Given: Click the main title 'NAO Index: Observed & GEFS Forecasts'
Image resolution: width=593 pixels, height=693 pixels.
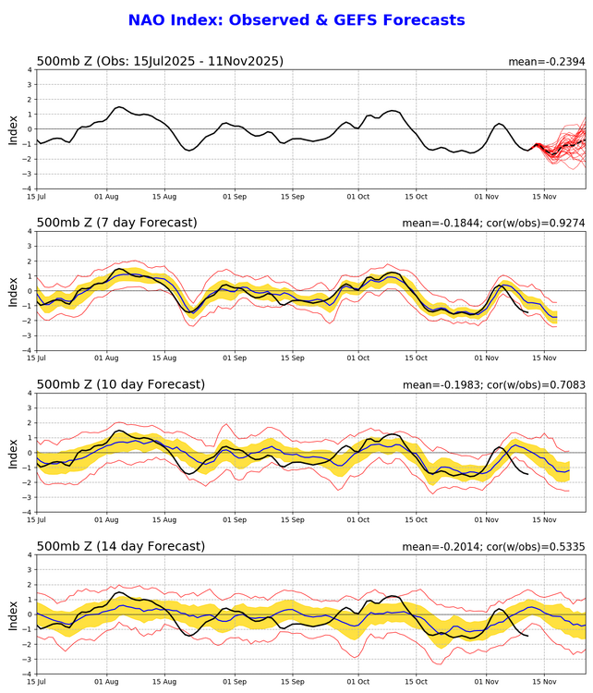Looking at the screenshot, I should point(296,19).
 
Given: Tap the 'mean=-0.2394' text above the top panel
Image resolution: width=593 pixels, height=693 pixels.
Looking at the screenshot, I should point(547,62).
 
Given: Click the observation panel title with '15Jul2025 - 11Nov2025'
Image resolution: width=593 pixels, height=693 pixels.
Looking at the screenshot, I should point(160,61).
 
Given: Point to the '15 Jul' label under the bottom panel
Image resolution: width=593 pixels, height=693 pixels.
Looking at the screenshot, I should point(37,682).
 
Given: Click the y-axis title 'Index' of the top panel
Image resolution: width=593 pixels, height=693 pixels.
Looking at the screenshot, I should point(12,128).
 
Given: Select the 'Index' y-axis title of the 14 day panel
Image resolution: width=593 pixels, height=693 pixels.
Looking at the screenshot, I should point(12,614).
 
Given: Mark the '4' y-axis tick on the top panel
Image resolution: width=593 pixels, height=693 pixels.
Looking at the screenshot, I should point(29,69).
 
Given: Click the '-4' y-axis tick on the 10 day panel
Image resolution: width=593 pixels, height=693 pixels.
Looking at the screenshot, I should point(27,512).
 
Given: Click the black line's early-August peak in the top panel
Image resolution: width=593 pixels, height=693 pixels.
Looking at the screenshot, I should point(119,107).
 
